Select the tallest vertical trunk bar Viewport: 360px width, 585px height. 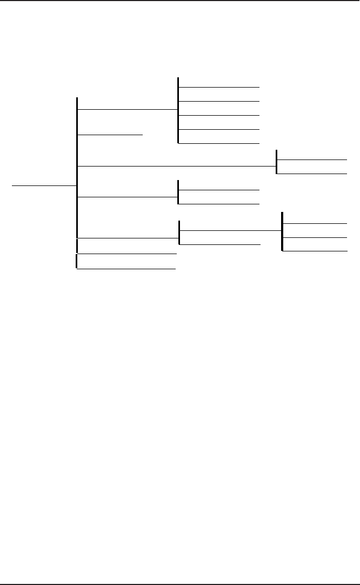[x=78, y=168]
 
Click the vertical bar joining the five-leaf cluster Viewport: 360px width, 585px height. [x=178, y=110]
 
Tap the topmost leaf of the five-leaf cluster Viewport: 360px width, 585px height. [x=219, y=87]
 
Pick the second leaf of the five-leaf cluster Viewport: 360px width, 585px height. [x=219, y=101]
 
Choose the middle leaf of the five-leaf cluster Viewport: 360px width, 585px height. [x=219, y=115]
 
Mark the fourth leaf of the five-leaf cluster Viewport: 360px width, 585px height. [x=219, y=130]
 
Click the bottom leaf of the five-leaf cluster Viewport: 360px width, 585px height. [x=219, y=143]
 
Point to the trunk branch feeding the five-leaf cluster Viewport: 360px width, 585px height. [x=128, y=109]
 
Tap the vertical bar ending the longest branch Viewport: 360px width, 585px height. [x=277, y=162]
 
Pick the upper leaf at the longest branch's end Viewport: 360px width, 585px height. [x=312, y=159]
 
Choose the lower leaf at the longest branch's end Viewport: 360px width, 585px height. [x=312, y=174]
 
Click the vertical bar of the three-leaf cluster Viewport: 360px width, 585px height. [x=282, y=231]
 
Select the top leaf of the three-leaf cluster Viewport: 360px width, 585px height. [x=315, y=223]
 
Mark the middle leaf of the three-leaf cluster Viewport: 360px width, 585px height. [x=315, y=237]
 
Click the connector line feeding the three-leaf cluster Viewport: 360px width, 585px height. [x=230, y=230]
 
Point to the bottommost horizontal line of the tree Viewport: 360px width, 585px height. [x=126, y=269]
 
